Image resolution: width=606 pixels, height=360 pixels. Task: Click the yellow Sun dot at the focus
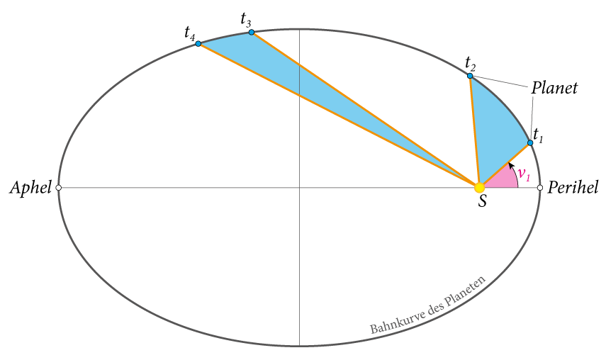coord(479,188)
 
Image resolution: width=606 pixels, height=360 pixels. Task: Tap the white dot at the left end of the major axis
coord(58,188)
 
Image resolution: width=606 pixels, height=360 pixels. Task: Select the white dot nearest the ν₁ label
coord(540,188)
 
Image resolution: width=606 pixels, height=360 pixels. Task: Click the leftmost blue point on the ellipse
coord(198,44)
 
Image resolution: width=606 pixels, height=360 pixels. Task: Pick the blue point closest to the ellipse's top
coord(252,33)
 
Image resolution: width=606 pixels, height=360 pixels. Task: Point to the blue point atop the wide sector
coord(470,76)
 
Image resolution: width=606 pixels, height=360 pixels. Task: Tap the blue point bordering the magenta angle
coord(530,142)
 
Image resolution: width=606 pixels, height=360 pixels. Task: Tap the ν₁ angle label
coord(523,174)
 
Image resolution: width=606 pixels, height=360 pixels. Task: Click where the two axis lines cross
coord(299,188)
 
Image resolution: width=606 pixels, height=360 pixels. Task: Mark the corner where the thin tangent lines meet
coord(532,89)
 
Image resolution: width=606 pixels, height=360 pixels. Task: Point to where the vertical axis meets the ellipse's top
coord(299,29)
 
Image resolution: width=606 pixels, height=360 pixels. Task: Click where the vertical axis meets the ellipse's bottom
coord(299,346)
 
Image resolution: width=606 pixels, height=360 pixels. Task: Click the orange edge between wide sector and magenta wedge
coord(505,165)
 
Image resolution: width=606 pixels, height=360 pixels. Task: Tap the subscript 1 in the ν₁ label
coord(528,178)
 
